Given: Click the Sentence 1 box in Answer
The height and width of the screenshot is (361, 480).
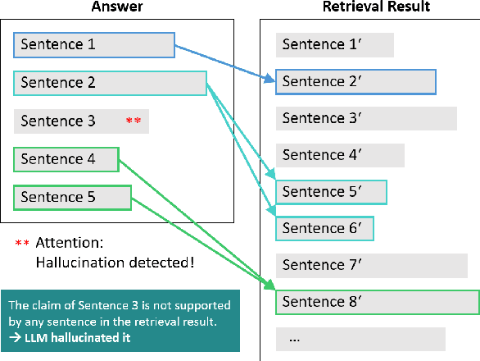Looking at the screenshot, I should coord(94,45).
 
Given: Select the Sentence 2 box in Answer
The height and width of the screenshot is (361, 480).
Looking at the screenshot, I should coord(110,83).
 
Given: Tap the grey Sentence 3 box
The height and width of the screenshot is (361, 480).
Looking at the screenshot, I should coord(81,121).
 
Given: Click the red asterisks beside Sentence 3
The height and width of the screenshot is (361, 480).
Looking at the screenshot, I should coord(134,121).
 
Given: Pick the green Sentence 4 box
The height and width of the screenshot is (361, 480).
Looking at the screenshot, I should coord(66,159).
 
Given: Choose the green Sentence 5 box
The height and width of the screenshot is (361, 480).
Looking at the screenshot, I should coord(72,198).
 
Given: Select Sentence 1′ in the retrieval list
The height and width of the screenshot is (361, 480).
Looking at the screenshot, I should coord(335,45).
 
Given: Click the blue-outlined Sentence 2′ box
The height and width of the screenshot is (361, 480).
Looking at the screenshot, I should coord(355,82).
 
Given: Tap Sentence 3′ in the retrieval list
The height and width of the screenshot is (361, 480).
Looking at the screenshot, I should coord(365,118).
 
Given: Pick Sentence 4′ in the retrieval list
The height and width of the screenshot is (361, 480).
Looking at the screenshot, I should coord(340,155).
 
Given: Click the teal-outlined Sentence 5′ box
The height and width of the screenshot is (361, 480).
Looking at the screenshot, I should coord(331,192).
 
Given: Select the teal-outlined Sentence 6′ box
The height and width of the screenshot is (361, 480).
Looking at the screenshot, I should coord(324,228).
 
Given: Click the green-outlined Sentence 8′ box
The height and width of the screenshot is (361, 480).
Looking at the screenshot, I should coord(377,302).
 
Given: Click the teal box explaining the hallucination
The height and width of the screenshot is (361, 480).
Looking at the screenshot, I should coord(120,321).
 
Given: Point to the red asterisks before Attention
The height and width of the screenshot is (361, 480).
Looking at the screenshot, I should coord(23,244).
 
